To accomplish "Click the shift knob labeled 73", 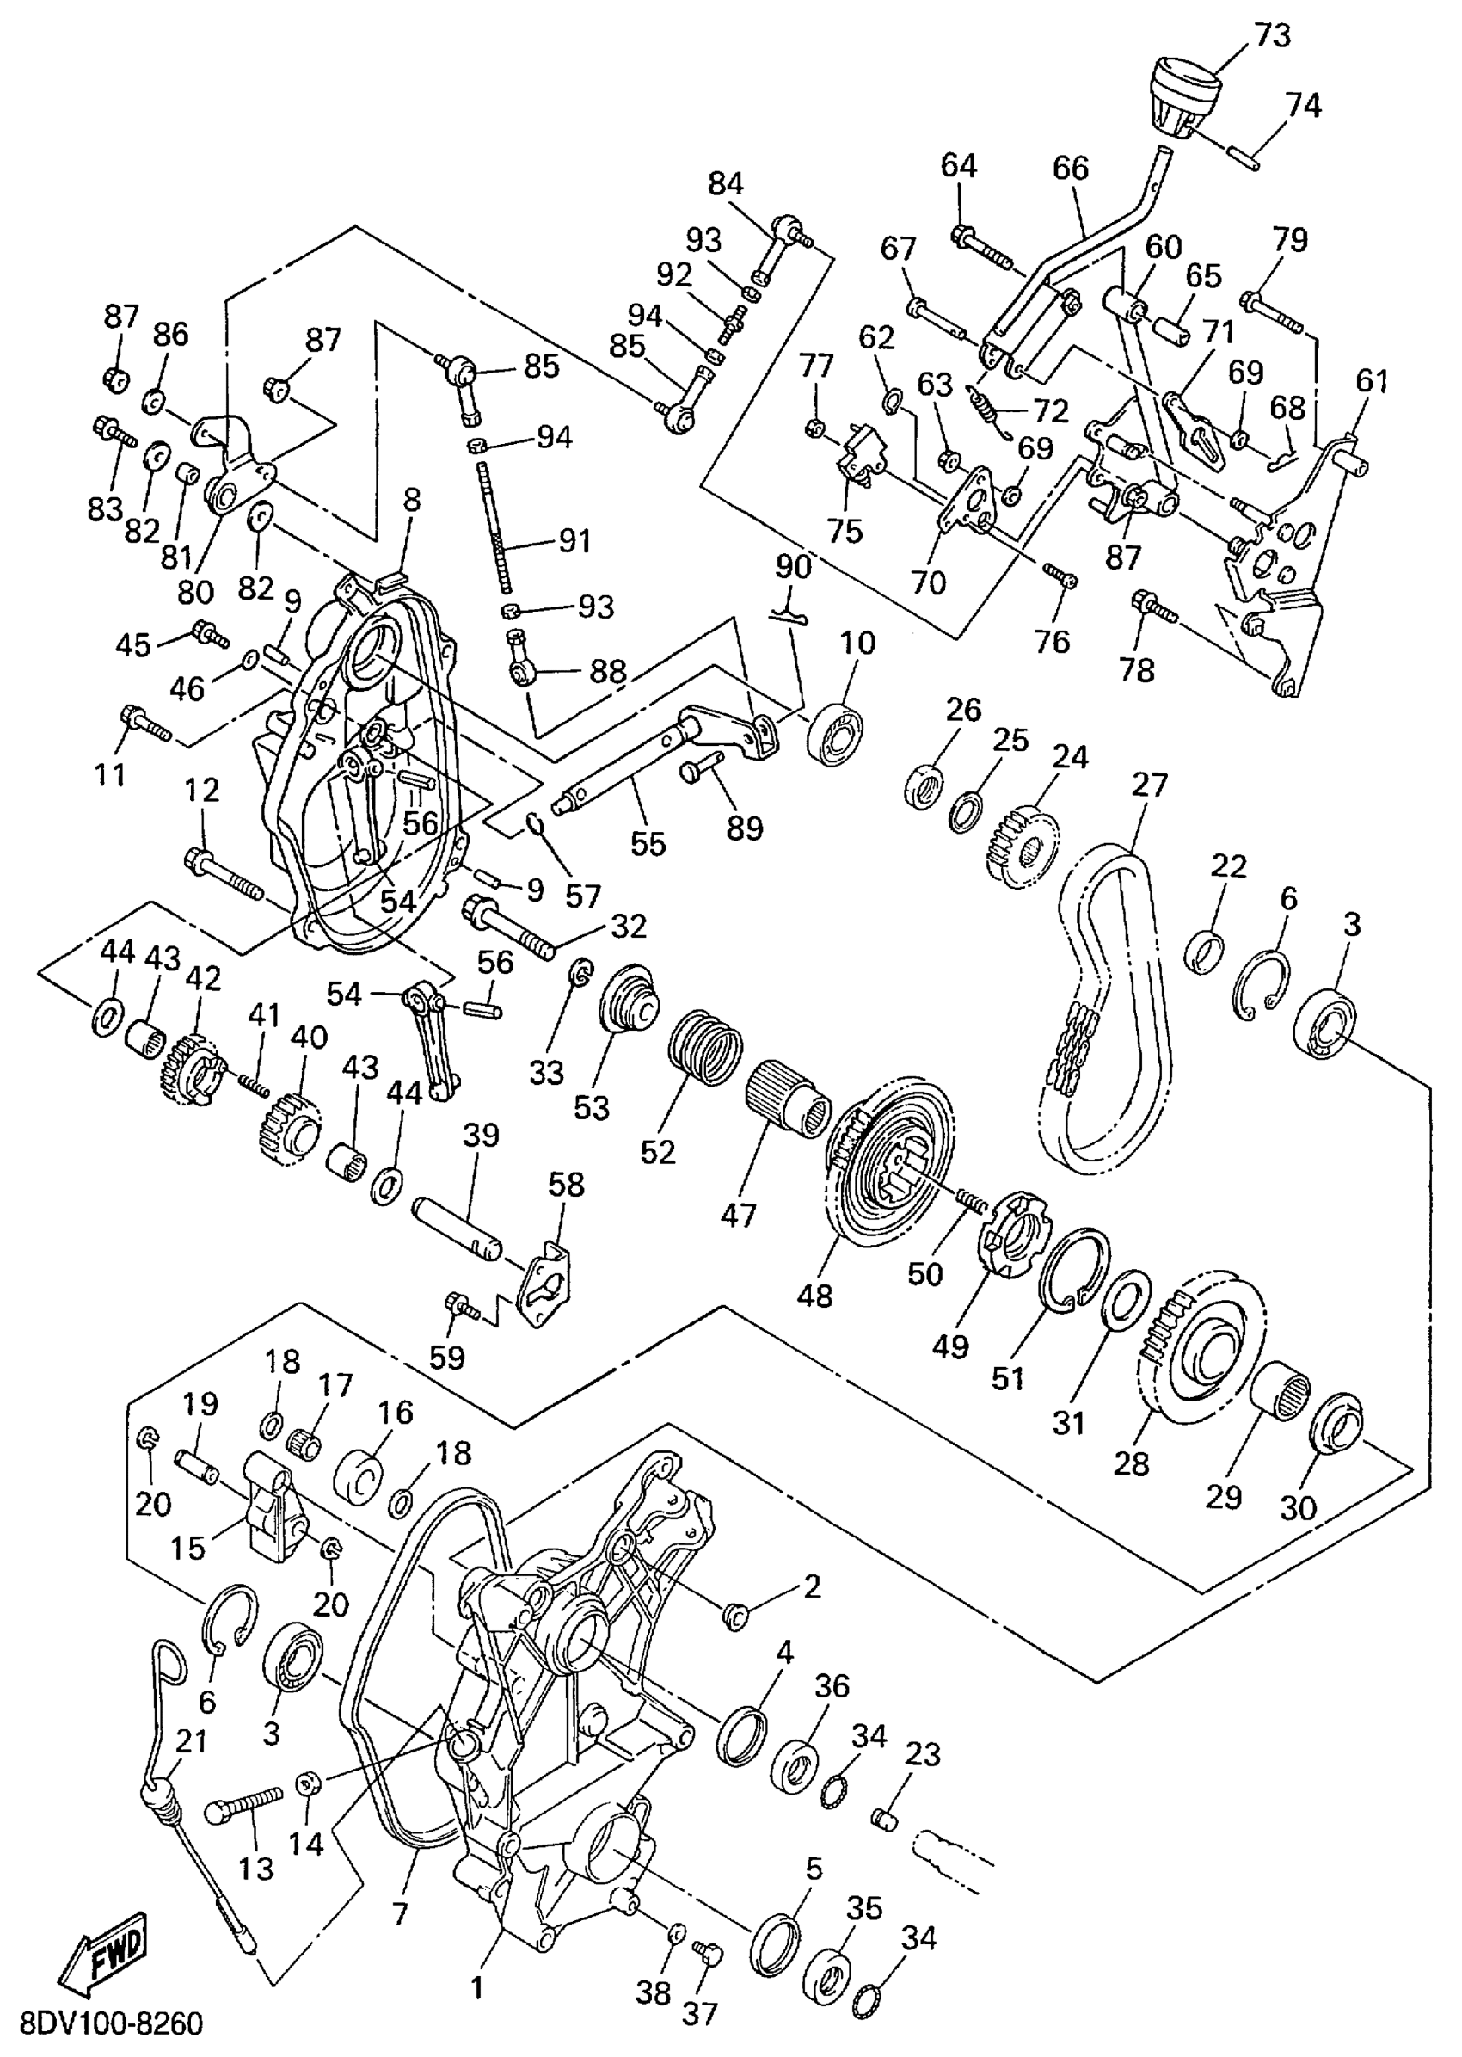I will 1186,98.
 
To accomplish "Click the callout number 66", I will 1071,169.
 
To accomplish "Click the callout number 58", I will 565,1186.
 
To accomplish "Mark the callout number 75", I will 845,532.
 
